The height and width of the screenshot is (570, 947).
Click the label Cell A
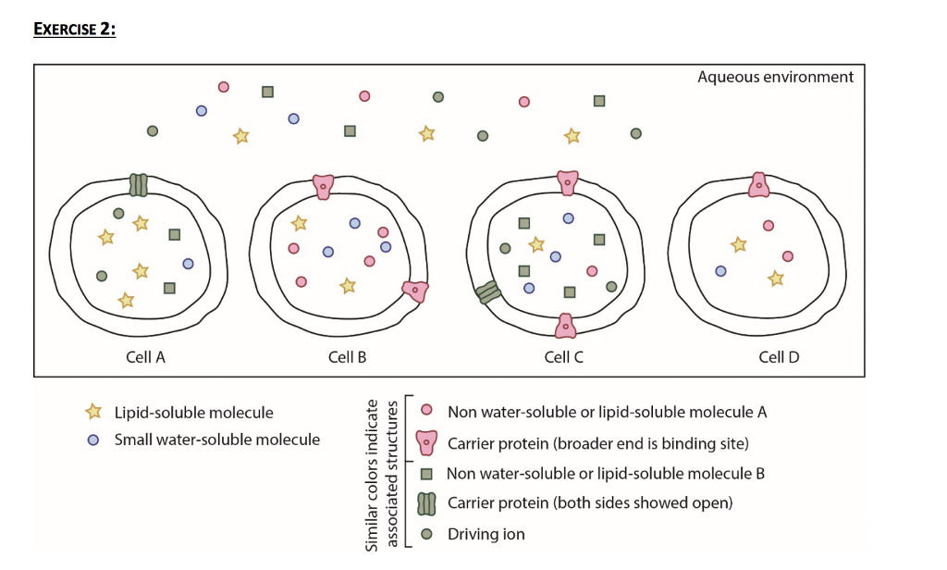pos(145,356)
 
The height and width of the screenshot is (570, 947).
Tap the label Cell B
pos(347,356)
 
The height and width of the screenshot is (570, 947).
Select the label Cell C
pos(563,356)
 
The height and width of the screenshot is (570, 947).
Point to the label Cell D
pos(779,356)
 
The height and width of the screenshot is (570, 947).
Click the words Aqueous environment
pos(775,77)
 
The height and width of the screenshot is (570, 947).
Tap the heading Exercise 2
pos(74,29)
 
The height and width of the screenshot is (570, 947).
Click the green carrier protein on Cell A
pos(138,184)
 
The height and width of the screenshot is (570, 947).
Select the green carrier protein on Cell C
pos(487,293)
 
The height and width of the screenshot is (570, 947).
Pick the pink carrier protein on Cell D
pos(758,184)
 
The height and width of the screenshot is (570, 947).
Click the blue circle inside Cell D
pos(720,271)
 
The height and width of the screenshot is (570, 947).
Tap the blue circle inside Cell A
pos(188,264)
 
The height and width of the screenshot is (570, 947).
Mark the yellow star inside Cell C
pos(535,245)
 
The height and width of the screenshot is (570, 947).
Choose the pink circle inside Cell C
pos(592,270)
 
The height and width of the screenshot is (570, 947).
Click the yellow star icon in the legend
pos(92,412)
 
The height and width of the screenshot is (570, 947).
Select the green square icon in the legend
pos(426,474)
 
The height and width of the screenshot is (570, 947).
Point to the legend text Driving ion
pos(486,534)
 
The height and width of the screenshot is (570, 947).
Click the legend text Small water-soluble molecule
pos(216,440)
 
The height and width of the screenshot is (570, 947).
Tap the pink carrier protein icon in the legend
pos(426,442)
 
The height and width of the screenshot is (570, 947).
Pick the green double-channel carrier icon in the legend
pos(426,503)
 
